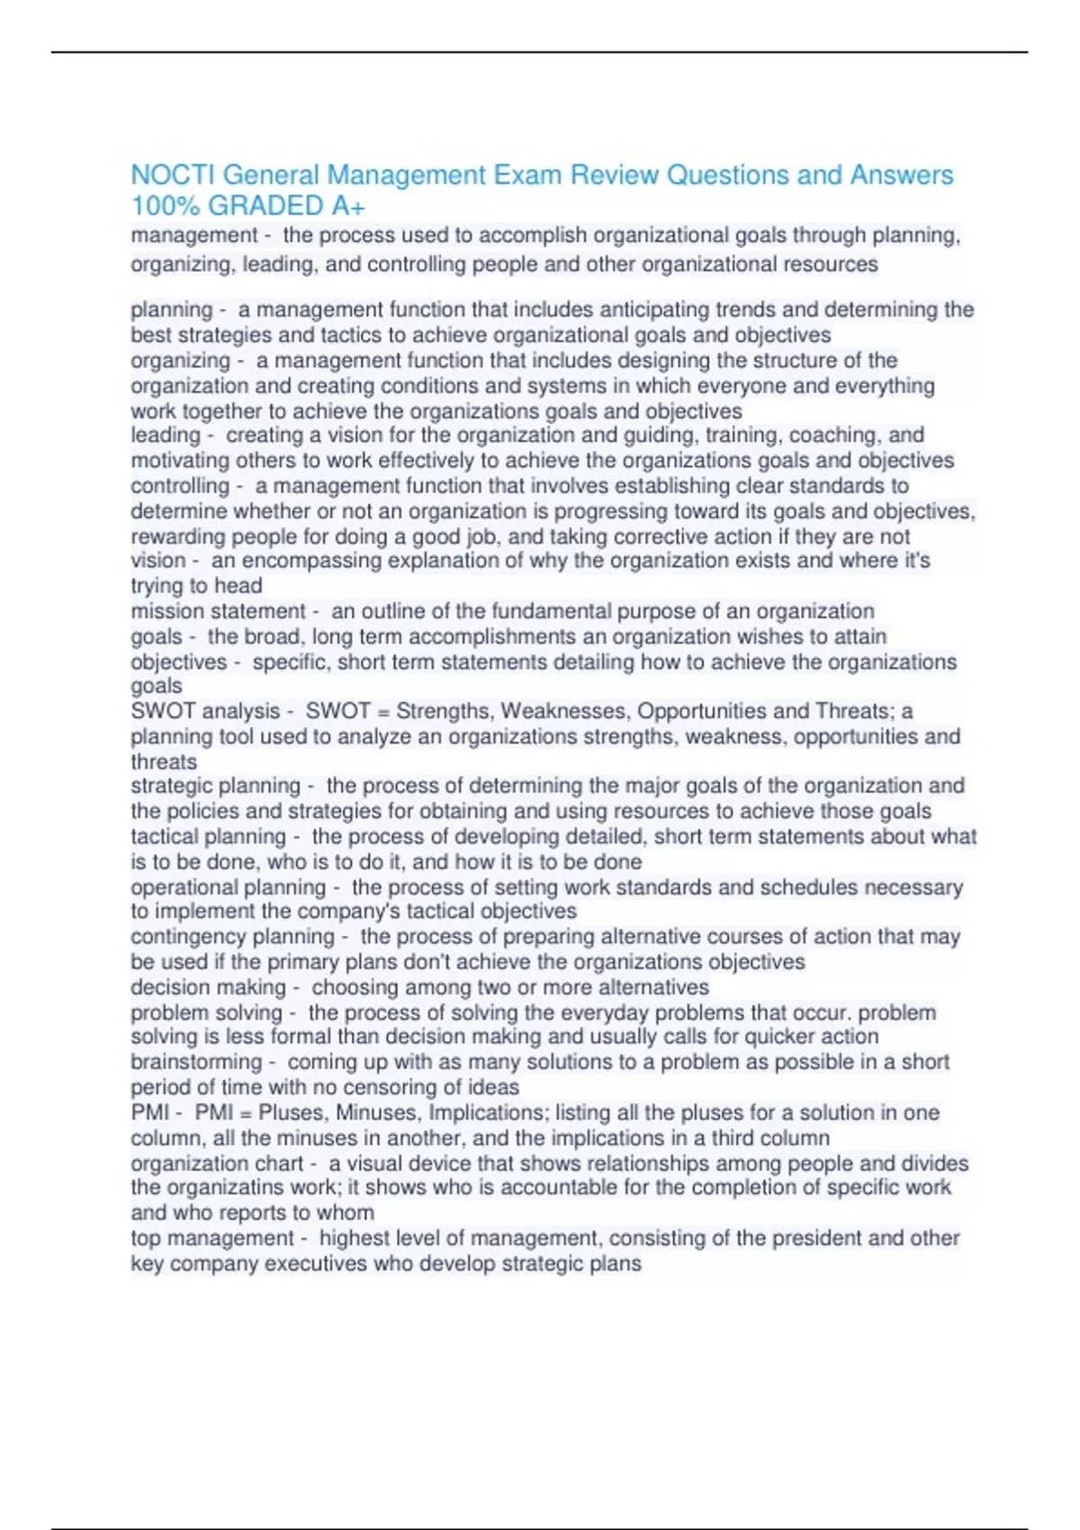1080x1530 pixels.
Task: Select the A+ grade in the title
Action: [347, 206]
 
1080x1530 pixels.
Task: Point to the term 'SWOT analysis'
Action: [205, 711]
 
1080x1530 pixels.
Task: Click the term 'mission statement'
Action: [218, 611]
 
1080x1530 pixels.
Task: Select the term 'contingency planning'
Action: [232, 937]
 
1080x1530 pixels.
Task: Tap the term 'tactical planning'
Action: [208, 836]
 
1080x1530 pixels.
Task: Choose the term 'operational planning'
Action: [228, 887]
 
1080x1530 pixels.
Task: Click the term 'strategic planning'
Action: [215, 786]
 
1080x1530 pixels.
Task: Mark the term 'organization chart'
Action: [217, 1163]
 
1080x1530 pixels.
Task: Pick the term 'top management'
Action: [211, 1238]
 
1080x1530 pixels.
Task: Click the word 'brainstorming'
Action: [196, 1062]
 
